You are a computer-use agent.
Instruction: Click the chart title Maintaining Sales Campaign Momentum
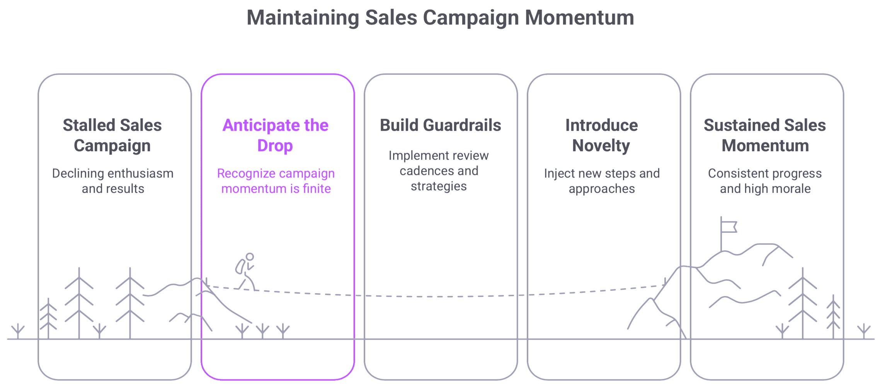[x=440, y=18]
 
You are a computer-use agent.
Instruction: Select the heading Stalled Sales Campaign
[x=112, y=135]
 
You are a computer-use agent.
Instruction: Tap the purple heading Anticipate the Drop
[x=275, y=135]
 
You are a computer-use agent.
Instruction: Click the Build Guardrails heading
[x=440, y=125]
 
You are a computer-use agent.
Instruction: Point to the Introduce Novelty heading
[x=601, y=135]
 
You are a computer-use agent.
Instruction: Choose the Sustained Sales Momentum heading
[x=764, y=135]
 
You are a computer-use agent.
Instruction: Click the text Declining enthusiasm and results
[x=113, y=181]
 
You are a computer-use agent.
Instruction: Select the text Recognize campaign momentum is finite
[x=276, y=181]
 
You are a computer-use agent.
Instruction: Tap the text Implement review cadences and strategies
[x=439, y=171]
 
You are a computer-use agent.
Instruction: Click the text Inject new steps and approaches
[x=602, y=181]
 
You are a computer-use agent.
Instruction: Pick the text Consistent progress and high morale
[x=765, y=181]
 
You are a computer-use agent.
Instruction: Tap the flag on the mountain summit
[x=729, y=227]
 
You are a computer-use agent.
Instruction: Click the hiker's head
[x=250, y=256]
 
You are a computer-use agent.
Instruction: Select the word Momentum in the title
[x=579, y=18]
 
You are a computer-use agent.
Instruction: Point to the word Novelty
[x=601, y=146]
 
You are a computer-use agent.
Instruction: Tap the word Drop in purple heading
[x=275, y=146]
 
